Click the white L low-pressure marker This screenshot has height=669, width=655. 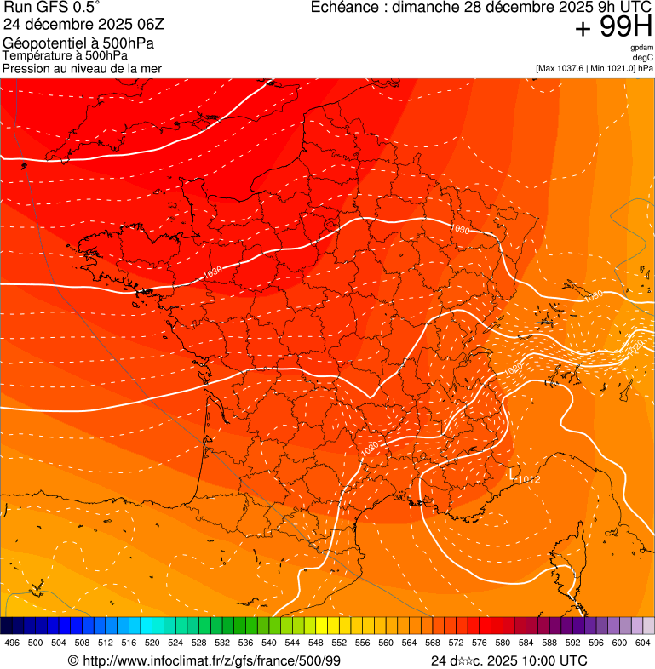coord(514,471)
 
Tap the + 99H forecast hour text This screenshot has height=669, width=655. coord(613,27)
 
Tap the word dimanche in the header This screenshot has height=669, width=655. coord(430,8)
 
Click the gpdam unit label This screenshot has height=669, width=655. coord(641,48)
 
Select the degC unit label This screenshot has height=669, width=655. coord(643,57)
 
